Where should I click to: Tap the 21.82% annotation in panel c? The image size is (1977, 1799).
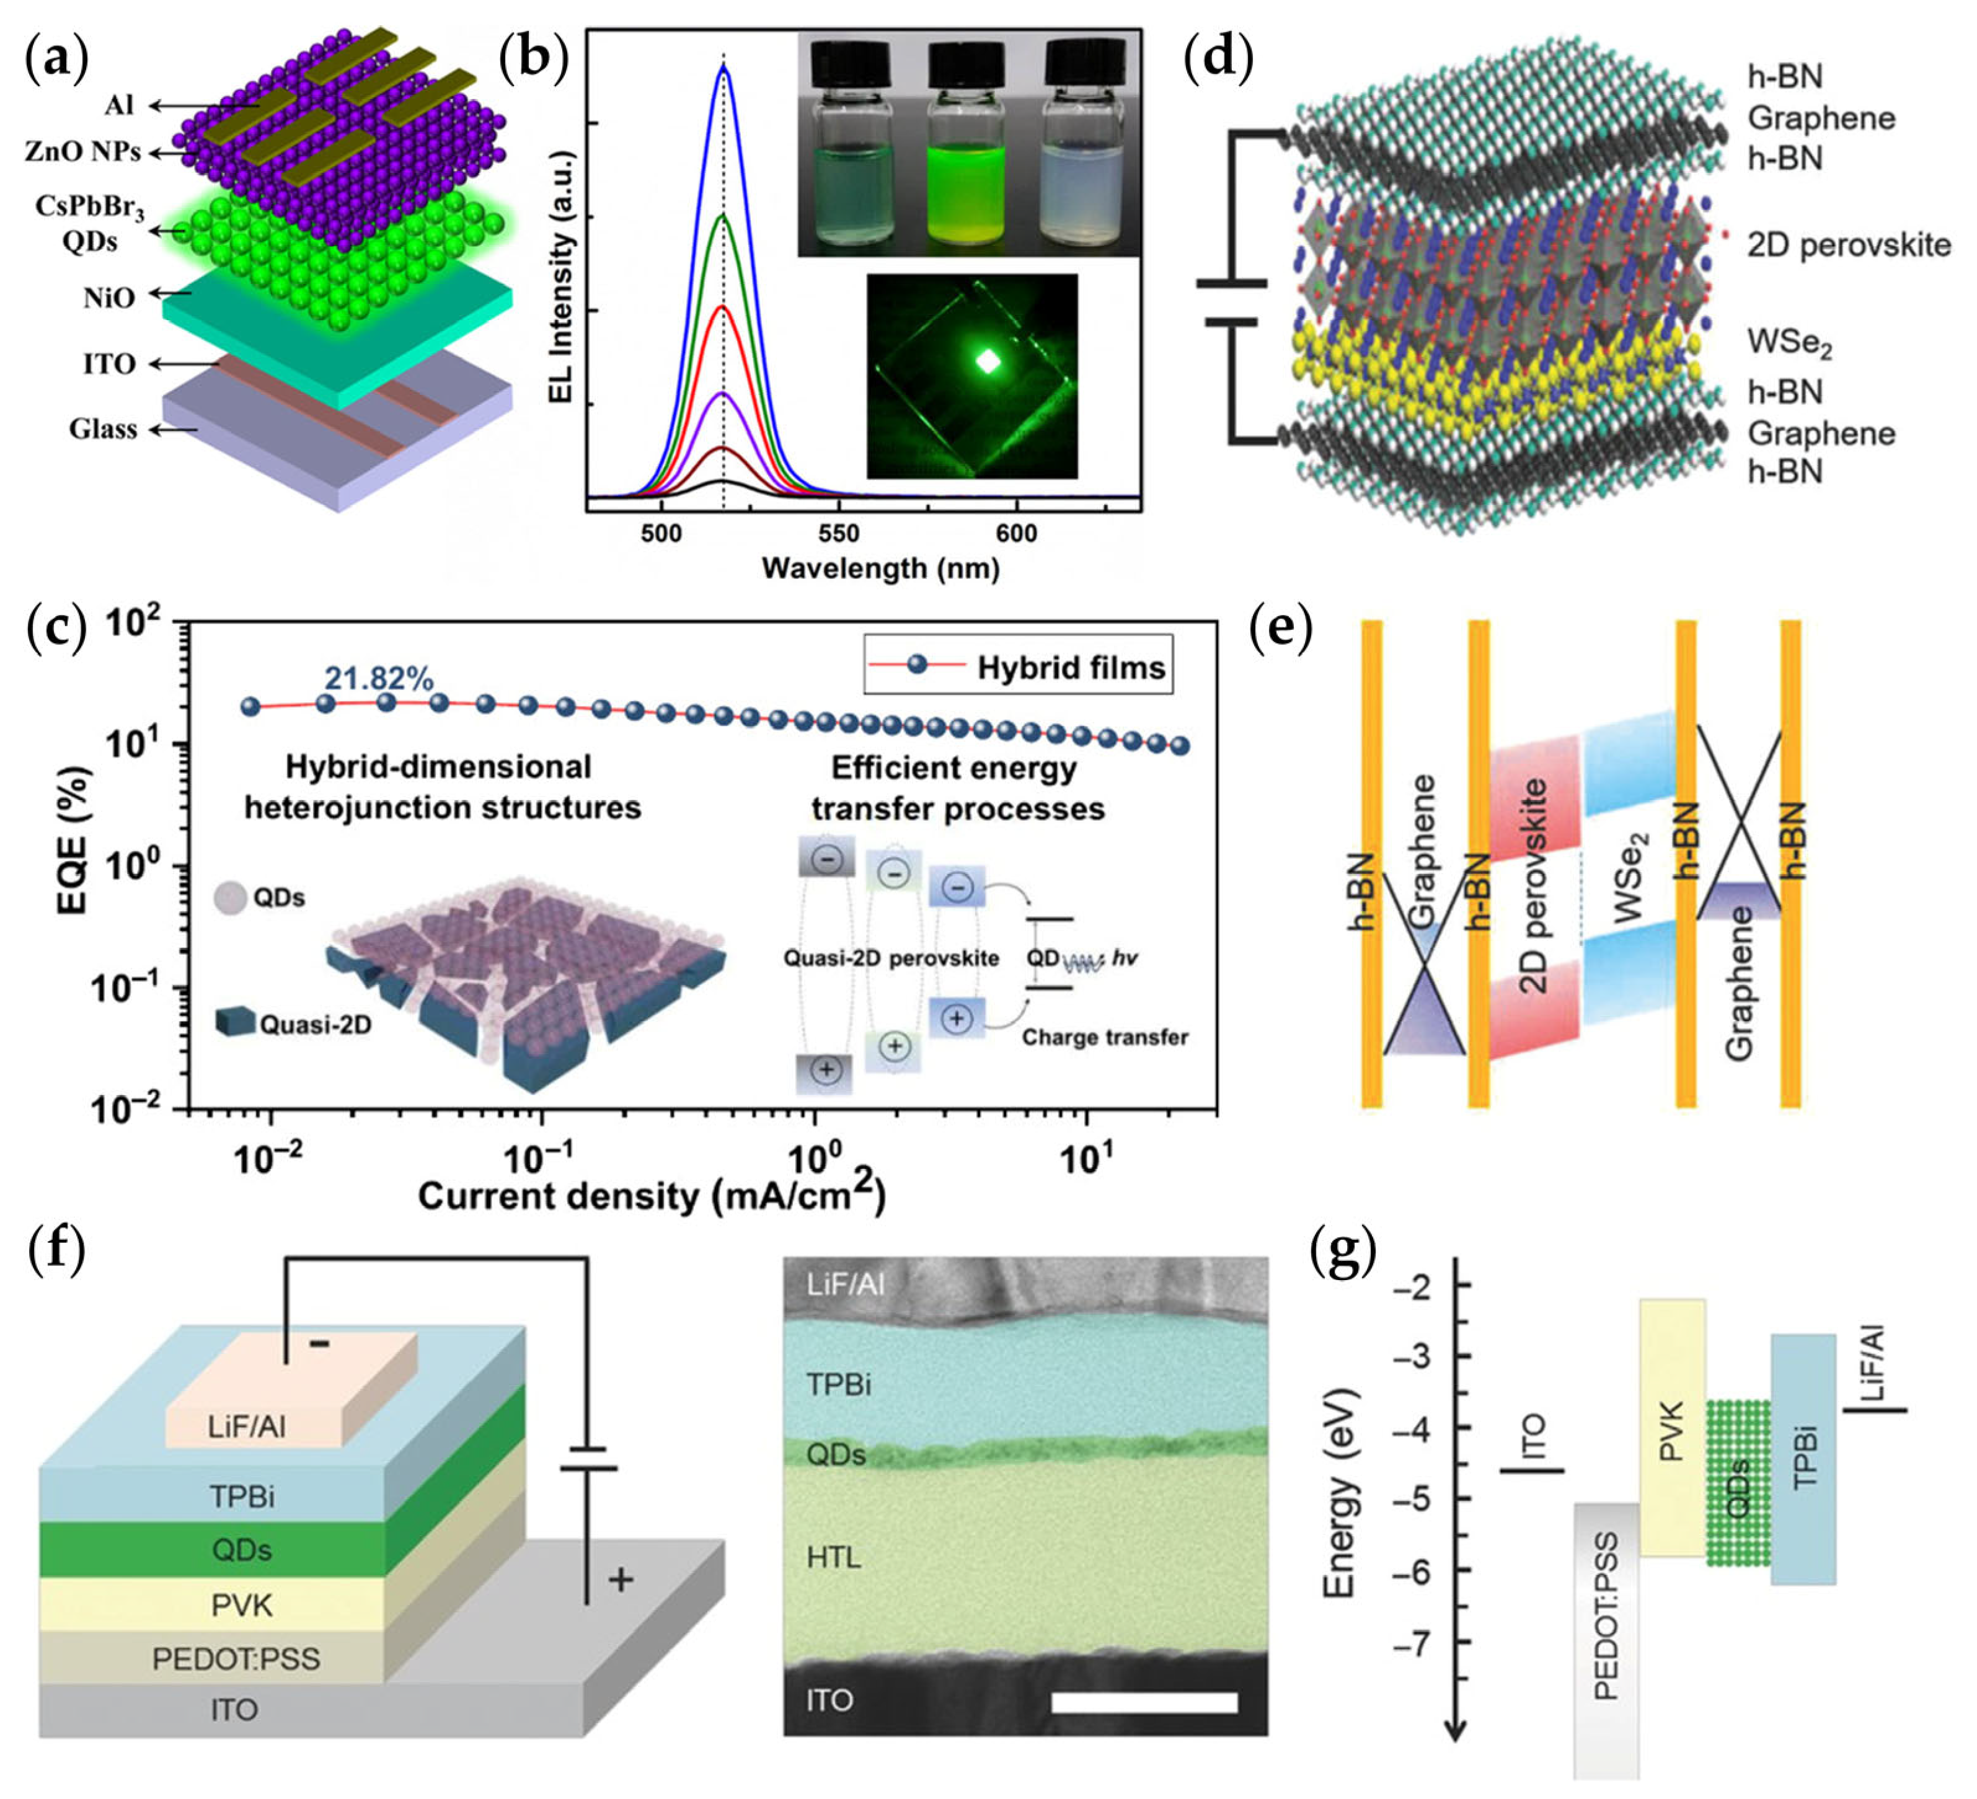[379, 678]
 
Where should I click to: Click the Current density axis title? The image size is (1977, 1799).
[651, 1196]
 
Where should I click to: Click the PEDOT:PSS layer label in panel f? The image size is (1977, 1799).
[236, 1659]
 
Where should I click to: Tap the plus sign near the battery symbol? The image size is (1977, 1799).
[620, 1580]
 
